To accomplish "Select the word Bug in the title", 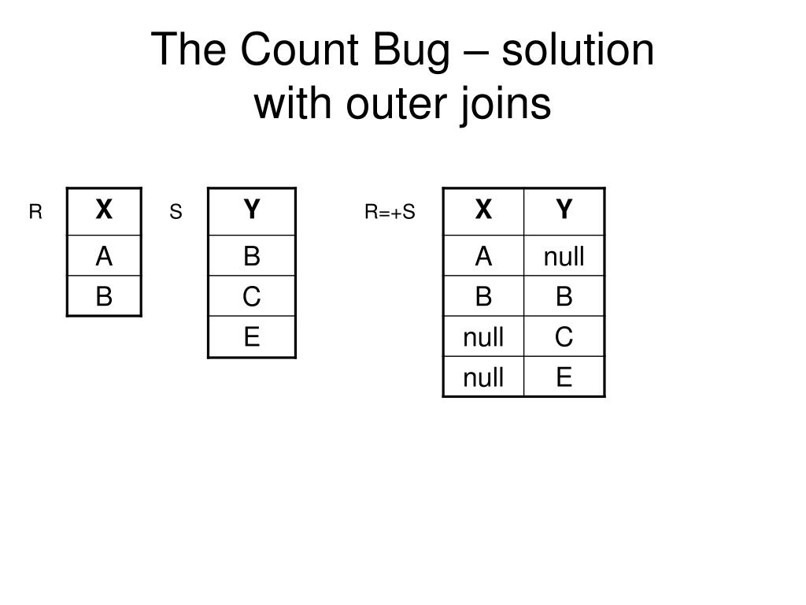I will pyautogui.click(x=415, y=50).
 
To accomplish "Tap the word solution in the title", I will pyautogui.click(x=577, y=50).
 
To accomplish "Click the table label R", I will pyautogui.click(x=35, y=212).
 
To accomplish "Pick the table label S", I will pyautogui.click(x=176, y=212).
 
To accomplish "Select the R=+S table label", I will pyautogui.click(x=389, y=212).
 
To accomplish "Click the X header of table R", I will pyautogui.click(x=104, y=210).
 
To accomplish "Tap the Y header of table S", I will pyautogui.click(x=251, y=210).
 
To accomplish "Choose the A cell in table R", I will pyautogui.click(x=104, y=256).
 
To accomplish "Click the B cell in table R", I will pyautogui.click(x=104, y=296).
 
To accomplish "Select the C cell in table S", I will pyautogui.click(x=251, y=296).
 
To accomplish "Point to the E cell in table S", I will pyautogui.click(x=251, y=337).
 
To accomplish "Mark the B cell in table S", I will pyautogui.click(x=251, y=256).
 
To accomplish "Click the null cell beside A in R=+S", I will pyautogui.click(x=564, y=256).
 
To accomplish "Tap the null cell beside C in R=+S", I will pyautogui.click(x=483, y=337).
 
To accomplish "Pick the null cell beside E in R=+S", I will pyautogui.click(x=483, y=378).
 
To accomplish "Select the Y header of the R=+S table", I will pyautogui.click(x=564, y=210).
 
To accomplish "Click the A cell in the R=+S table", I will pyautogui.click(x=483, y=256).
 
